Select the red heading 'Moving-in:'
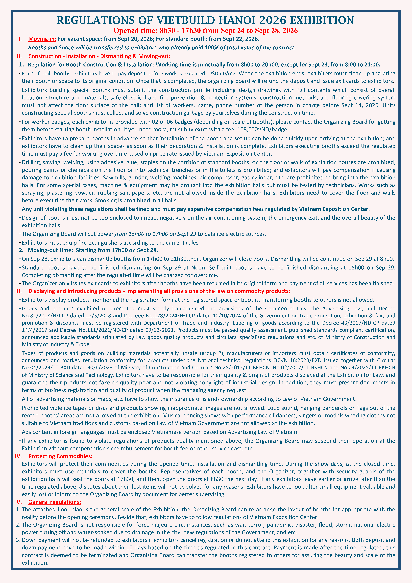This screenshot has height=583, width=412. click(42, 39)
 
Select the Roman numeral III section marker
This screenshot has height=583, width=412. click(19, 291)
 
